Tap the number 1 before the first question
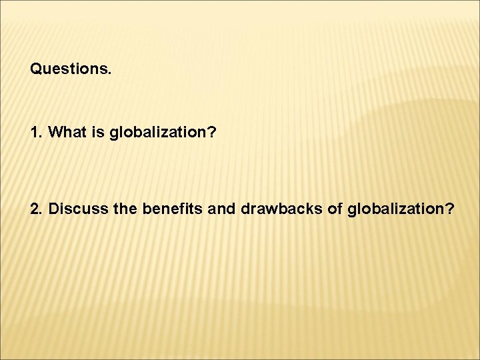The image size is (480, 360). tap(35, 133)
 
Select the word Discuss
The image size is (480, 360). tap(75, 209)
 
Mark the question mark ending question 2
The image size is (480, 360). tap(451, 209)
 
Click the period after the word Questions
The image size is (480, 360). tap(109, 73)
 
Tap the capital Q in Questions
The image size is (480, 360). tap(36, 69)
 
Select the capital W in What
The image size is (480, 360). tap(56, 133)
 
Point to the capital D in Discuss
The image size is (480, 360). tap(55, 209)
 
